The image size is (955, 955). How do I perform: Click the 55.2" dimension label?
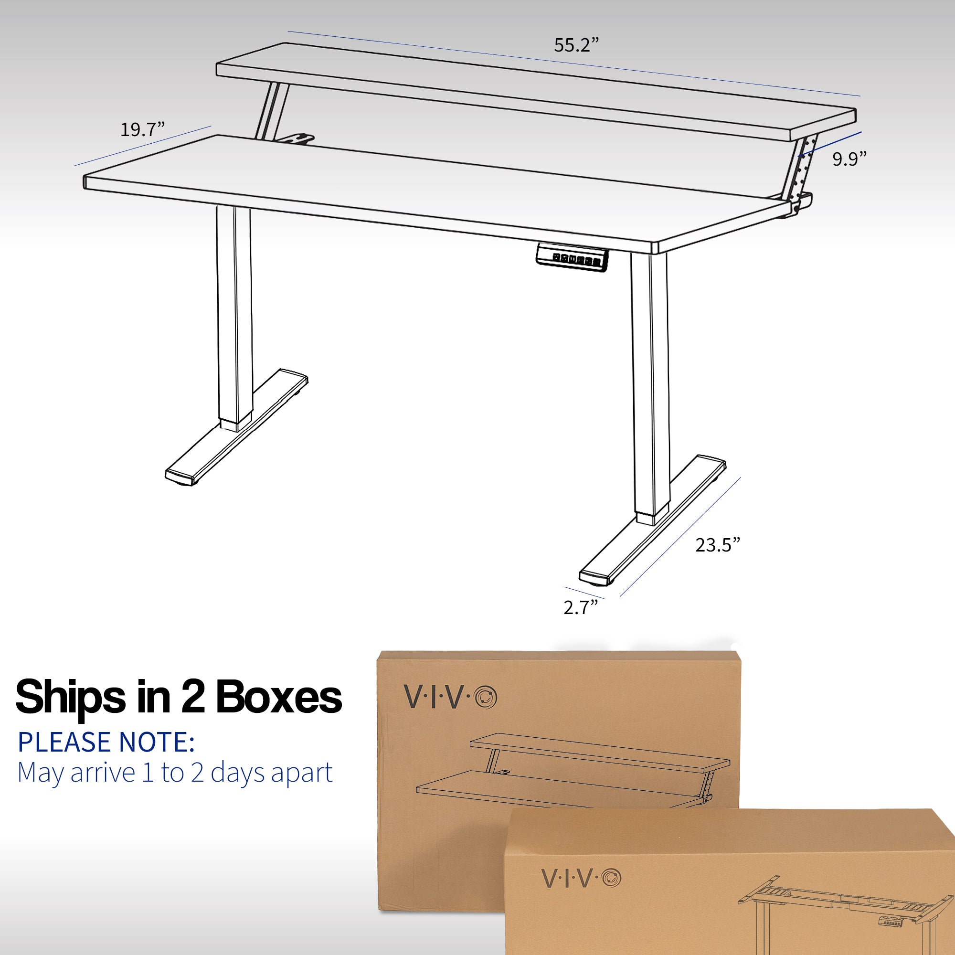click(x=576, y=45)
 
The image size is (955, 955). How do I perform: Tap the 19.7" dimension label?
click(x=142, y=129)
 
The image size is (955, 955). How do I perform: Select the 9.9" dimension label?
click(x=849, y=159)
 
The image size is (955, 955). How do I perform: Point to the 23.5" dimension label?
click(x=718, y=545)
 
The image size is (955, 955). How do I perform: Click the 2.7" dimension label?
click(x=581, y=607)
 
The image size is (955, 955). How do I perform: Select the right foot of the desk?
click(x=652, y=520)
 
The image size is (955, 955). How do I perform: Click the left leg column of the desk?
click(x=234, y=317)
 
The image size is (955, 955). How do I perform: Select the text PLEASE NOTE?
click(x=106, y=742)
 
